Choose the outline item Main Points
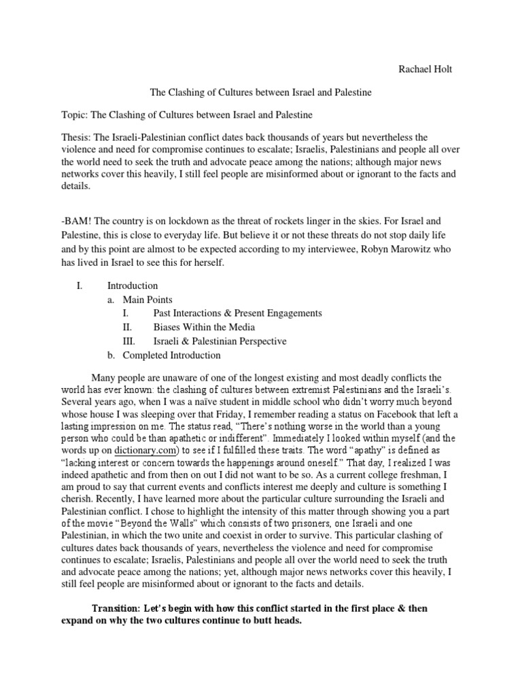click(x=147, y=300)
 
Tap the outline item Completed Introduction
click(x=171, y=355)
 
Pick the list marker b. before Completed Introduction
click(x=111, y=355)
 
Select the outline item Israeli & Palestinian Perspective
click(x=220, y=341)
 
